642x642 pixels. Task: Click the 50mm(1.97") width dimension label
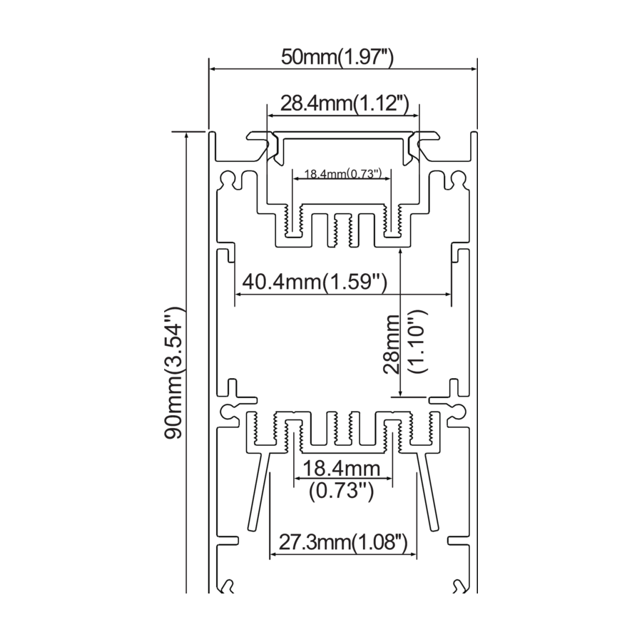click(x=337, y=57)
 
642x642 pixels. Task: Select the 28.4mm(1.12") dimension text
click(x=345, y=103)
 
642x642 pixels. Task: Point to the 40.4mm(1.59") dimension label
click(x=315, y=282)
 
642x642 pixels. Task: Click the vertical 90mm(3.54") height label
click(x=174, y=373)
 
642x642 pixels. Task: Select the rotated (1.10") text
click(x=417, y=341)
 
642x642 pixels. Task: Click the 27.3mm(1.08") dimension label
click(x=343, y=543)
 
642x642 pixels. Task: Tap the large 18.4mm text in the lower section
click(x=341, y=469)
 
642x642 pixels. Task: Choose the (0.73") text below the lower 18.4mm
click(x=341, y=491)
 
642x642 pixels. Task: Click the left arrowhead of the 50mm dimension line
click(x=213, y=68)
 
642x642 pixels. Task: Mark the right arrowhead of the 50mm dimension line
click(x=473, y=68)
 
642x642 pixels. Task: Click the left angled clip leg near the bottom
click(x=260, y=491)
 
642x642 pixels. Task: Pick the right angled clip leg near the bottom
click(x=427, y=491)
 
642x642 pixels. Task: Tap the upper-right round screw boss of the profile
click(x=459, y=178)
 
